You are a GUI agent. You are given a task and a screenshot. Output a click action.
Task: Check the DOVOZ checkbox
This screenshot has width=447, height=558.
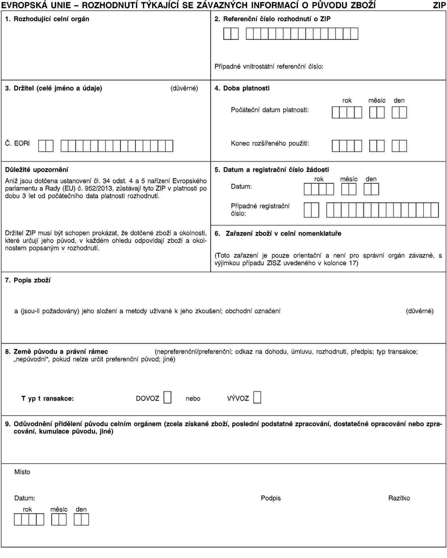pyautogui.click(x=167, y=397)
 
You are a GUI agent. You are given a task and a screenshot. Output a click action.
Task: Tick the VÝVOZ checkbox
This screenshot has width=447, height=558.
pyautogui.click(x=257, y=397)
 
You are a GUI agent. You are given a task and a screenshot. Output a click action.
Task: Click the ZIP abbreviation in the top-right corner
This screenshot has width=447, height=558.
pyautogui.click(x=439, y=5)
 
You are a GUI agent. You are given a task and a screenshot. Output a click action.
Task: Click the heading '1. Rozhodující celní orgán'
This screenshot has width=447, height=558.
pyautogui.click(x=47, y=19)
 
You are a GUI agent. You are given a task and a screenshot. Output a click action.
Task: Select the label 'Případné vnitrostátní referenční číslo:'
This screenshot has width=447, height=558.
pyautogui.click(x=269, y=67)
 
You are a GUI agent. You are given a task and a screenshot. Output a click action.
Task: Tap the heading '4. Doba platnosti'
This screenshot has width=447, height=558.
pyautogui.click(x=242, y=88)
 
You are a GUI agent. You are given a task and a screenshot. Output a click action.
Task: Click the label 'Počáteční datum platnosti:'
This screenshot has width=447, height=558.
pyautogui.click(x=270, y=110)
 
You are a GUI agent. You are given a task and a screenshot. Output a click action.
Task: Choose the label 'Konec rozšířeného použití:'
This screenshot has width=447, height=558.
pyautogui.click(x=270, y=143)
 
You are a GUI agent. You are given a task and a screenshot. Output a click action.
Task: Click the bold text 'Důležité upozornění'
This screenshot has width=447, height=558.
pyautogui.click(x=37, y=170)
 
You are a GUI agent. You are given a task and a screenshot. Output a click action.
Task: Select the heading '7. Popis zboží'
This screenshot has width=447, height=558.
pyautogui.click(x=28, y=280)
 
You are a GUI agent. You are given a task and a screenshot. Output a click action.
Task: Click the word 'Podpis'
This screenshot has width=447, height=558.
pyautogui.click(x=271, y=498)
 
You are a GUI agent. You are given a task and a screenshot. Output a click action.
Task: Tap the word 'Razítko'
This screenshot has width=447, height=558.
pyautogui.click(x=399, y=498)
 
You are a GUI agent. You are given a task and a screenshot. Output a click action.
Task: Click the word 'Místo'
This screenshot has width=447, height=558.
pyautogui.click(x=22, y=472)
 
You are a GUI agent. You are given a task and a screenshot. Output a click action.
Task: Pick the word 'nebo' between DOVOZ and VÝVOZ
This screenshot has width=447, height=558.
pyautogui.click(x=193, y=399)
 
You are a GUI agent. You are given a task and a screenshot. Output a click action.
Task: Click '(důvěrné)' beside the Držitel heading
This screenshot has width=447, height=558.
pyautogui.click(x=184, y=88)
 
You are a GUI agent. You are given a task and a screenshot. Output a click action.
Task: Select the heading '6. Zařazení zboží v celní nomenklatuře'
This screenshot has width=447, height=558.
pyautogui.click(x=278, y=234)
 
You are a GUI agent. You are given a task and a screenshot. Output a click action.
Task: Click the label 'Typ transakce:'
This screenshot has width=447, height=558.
pyautogui.click(x=47, y=399)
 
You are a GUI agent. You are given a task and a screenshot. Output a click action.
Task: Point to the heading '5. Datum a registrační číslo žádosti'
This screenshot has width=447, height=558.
pyautogui.click(x=272, y=170)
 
